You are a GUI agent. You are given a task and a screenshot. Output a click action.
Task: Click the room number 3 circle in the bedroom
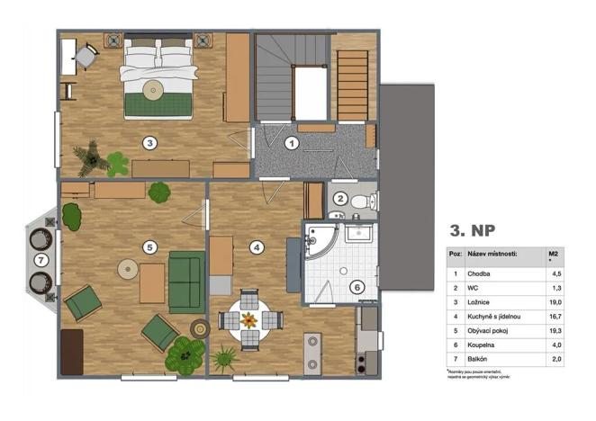[150, 141]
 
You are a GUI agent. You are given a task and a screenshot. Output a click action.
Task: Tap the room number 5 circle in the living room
[150, 246]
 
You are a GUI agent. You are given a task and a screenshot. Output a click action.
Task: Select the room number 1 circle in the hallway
[291, 142]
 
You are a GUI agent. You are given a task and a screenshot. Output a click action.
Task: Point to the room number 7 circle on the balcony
[40, 259]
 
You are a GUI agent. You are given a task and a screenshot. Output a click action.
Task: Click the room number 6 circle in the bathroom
[357, 287]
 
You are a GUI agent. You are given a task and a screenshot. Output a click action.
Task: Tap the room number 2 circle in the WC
[340, 200]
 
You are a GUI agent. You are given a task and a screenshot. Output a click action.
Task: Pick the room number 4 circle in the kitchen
[257, 246]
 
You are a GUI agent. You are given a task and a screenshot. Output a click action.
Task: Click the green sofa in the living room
[187, 281]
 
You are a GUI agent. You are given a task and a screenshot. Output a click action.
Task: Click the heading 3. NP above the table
[474, 230]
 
